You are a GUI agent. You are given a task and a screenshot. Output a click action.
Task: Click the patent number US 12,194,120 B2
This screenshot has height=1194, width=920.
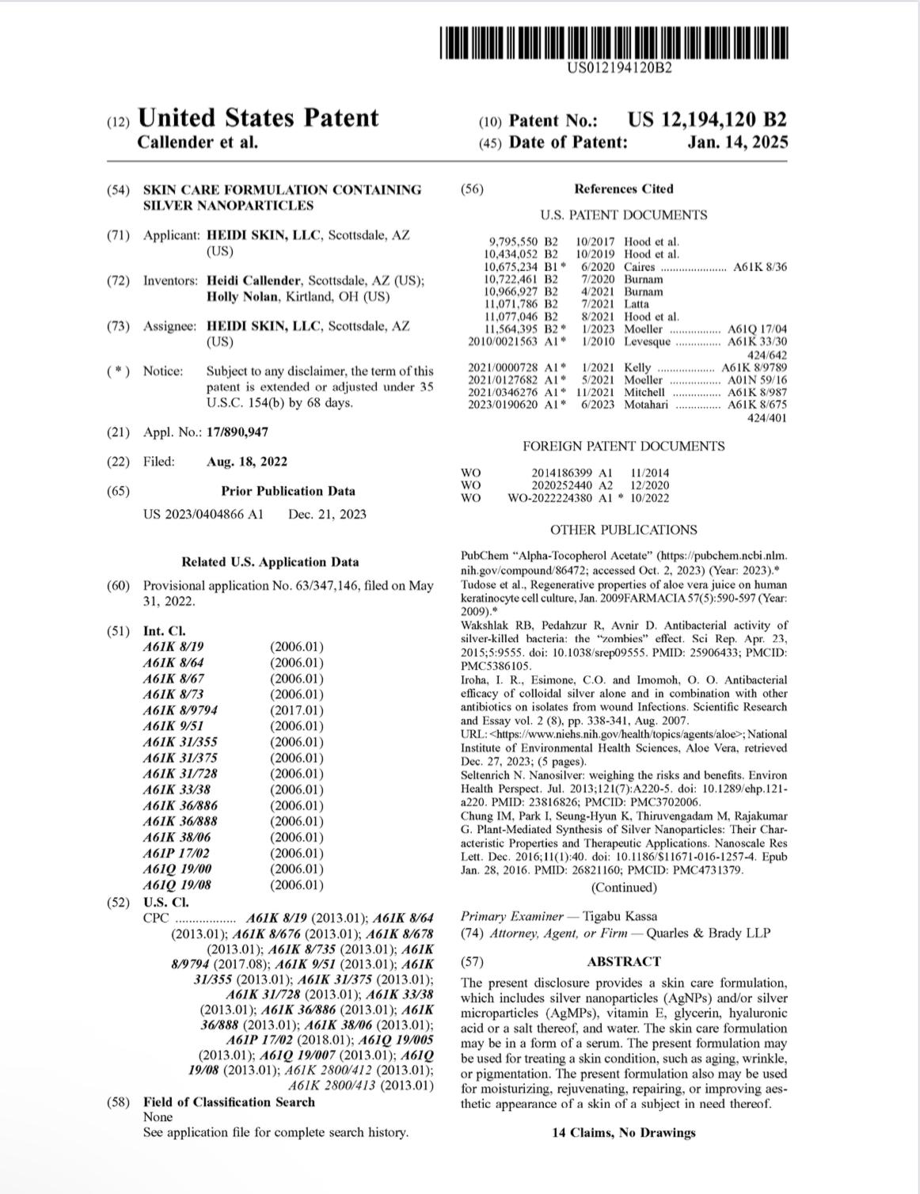707,120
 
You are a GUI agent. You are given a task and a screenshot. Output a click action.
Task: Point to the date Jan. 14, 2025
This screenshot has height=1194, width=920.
738,143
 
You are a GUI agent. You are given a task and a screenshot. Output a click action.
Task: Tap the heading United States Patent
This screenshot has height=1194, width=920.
258,118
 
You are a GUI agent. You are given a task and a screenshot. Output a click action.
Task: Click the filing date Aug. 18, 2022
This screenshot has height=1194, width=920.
246,462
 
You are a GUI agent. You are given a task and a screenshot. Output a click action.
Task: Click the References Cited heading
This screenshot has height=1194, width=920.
623,189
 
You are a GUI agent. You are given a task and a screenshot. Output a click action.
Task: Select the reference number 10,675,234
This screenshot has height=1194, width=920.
511,267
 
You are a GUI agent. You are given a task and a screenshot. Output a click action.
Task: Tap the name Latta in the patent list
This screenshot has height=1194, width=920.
637,304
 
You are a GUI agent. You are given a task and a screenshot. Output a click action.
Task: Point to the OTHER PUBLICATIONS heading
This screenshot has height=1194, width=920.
623,530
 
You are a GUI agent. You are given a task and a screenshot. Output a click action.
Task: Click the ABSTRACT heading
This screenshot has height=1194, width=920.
623,961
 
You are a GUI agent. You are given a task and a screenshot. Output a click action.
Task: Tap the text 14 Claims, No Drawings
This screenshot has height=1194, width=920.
623,1132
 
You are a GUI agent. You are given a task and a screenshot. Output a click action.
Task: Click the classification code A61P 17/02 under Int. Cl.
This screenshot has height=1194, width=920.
177,854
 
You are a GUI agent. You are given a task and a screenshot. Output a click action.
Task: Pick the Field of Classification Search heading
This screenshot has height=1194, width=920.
229,1102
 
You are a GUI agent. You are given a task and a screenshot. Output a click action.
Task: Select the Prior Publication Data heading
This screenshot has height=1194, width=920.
288,491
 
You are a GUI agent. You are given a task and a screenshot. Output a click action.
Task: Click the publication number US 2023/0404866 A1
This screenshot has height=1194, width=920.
203,515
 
